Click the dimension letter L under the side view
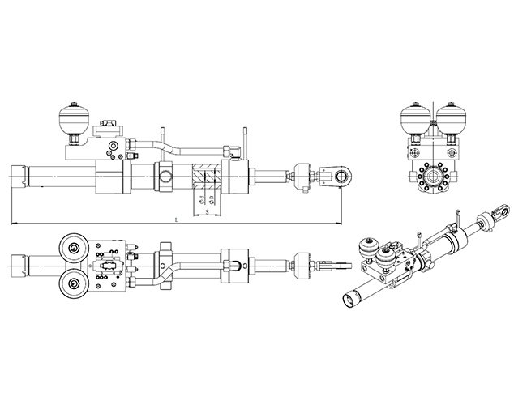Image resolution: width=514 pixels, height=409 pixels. pos(177,220)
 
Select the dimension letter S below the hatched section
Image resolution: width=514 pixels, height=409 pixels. pos(208,211)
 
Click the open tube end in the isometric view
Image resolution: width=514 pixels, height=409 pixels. pos(349,300)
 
